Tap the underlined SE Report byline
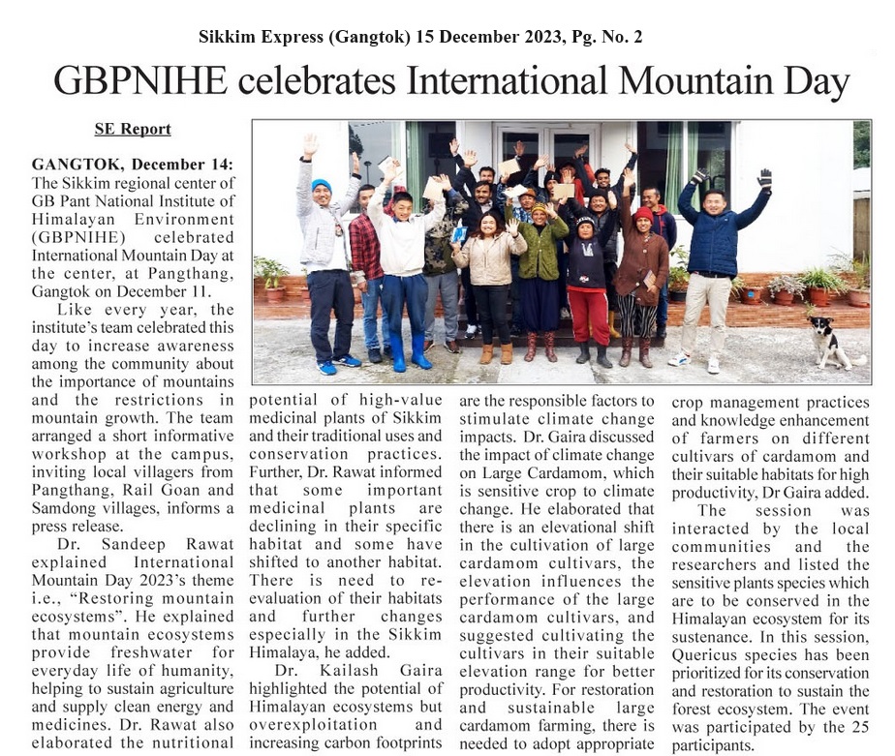(133, 129)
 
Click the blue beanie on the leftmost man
(321, 184)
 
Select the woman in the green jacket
(540, 250)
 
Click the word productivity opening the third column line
(502, 689)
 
